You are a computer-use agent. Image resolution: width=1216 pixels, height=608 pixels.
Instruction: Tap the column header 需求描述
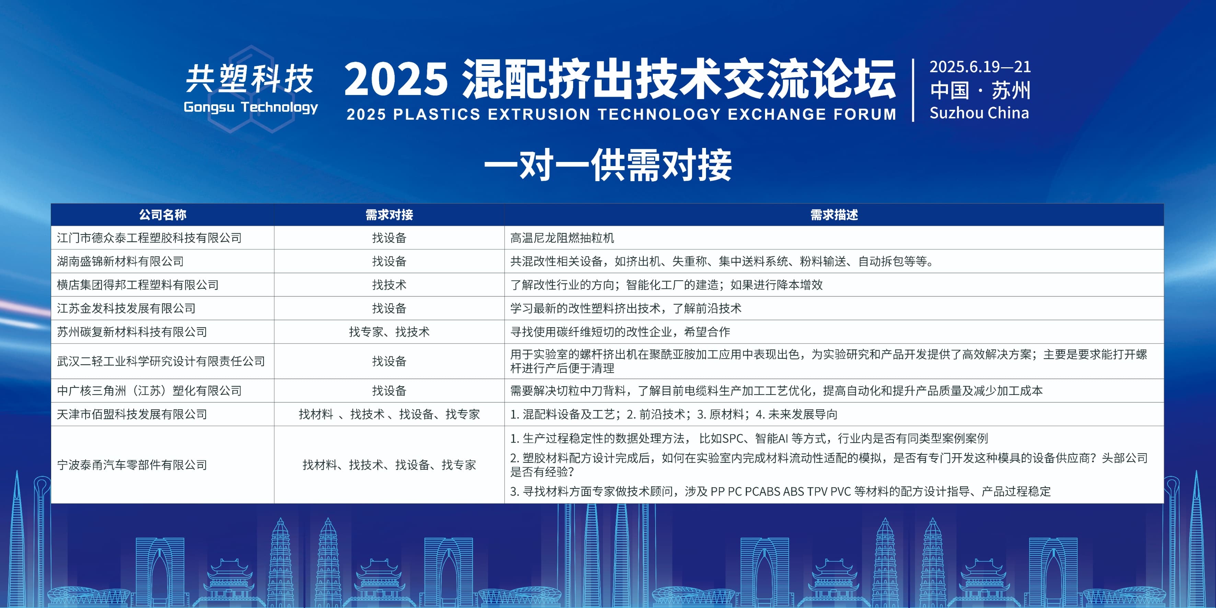tap(834, 215)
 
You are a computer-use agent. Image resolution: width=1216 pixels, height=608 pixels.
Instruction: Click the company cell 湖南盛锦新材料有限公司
tap(120, 261)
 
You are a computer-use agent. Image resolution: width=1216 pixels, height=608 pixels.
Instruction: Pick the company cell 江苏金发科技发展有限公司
tap(126, 308)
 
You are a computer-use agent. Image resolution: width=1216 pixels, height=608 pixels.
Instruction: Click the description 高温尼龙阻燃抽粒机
tap(562, 237)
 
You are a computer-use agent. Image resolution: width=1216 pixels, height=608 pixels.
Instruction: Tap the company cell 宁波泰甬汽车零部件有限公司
tap(132, 465)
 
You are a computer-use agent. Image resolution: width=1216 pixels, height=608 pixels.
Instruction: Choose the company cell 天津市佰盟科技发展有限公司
tap(132, 414)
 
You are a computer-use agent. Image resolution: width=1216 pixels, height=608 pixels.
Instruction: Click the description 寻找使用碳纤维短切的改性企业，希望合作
tap(620, 332)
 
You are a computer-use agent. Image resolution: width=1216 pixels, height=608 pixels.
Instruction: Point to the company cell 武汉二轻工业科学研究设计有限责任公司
tap(161, 361)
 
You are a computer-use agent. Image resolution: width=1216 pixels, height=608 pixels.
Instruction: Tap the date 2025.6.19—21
tap(980, 67)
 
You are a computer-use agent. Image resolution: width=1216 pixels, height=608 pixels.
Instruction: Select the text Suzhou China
tap(979, 113)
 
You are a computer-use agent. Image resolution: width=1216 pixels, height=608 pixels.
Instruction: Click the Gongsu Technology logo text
tap(251, 107)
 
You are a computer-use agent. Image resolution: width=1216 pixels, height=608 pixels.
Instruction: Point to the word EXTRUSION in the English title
tap(538, 114)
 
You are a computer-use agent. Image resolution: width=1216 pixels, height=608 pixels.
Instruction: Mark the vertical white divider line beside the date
tap(913, 90)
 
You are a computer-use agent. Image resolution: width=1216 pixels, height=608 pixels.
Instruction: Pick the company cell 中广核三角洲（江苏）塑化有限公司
tap(149, 390)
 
